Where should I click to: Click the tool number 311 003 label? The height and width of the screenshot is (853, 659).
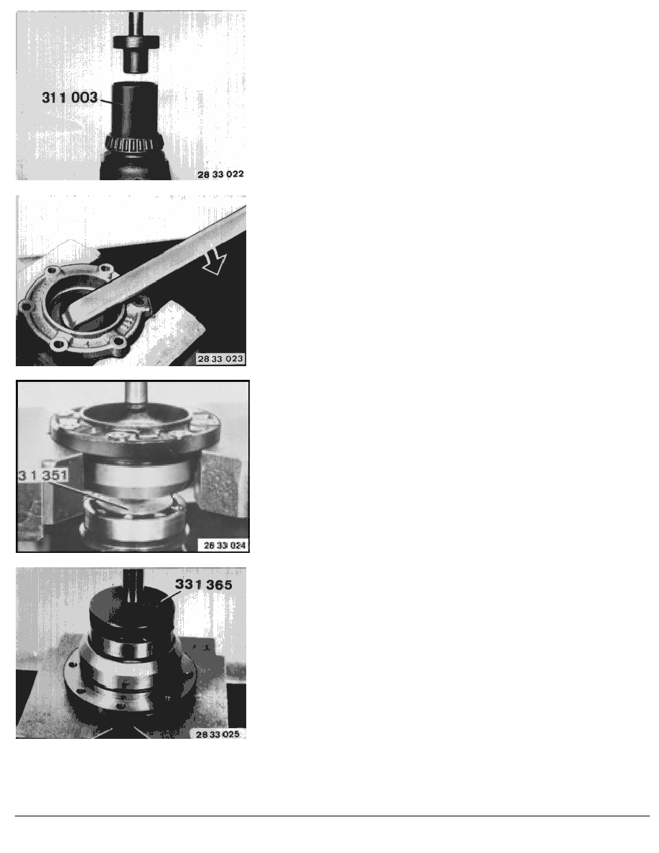pyautogui.click(x=70, y=98)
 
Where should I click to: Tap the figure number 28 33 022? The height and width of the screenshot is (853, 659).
pyautogui.click(x=220, y=174)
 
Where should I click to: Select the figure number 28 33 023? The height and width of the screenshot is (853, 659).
pyautogui.click(x=220, y=359)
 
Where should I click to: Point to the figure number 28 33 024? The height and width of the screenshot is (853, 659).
pyautogui.click(x=225, y=545)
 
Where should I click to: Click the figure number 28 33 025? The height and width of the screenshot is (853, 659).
pyautogui.click(x=218, y=735)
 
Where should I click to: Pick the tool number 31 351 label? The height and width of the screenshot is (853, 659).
pyautogui.click(x=43, y=475)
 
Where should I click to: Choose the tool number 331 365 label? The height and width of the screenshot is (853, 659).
pyautogui.click(x=203, y=584)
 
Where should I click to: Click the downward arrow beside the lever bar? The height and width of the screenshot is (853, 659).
pyautogui.click(x=214, y=261)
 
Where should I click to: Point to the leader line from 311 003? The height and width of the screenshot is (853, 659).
pyautogui.click(x=106, y=101)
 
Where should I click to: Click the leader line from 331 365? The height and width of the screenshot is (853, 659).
pyautogui.click(x=172, y=596)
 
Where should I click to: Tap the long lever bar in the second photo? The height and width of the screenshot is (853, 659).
pyautogui.click(x=155, y=266)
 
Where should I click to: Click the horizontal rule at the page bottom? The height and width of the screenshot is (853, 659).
pyautogui.click(x=332, y=816)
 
